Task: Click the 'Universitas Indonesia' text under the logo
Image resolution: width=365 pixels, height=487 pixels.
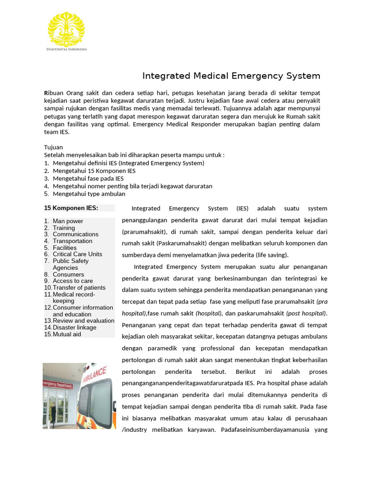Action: (66, 49)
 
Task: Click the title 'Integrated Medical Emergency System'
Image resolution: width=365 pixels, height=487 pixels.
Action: (231, 76)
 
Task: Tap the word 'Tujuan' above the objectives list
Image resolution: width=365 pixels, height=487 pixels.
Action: (53, 147)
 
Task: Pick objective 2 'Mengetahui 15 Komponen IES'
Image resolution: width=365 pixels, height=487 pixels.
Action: (94, 171)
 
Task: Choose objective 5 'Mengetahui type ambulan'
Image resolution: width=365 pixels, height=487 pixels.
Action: (89, 194)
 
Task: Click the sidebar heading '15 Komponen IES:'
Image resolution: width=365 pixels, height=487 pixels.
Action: (71, 208)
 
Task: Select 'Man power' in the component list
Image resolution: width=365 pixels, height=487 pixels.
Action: (67, 221)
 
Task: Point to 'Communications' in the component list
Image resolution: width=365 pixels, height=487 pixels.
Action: (76, 234)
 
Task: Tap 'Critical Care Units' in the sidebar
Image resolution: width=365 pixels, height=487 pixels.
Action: (77, 254)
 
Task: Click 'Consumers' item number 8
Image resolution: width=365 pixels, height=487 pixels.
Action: (68, 274)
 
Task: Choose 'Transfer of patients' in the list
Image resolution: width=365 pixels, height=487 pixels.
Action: (79, 287)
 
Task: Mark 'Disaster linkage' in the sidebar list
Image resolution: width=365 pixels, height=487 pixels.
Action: (74, 327)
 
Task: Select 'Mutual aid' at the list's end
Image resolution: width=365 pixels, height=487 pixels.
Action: (67, 334)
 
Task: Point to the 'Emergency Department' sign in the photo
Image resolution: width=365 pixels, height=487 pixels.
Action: (58, 384)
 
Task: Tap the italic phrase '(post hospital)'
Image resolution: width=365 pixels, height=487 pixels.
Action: (306, 313)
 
